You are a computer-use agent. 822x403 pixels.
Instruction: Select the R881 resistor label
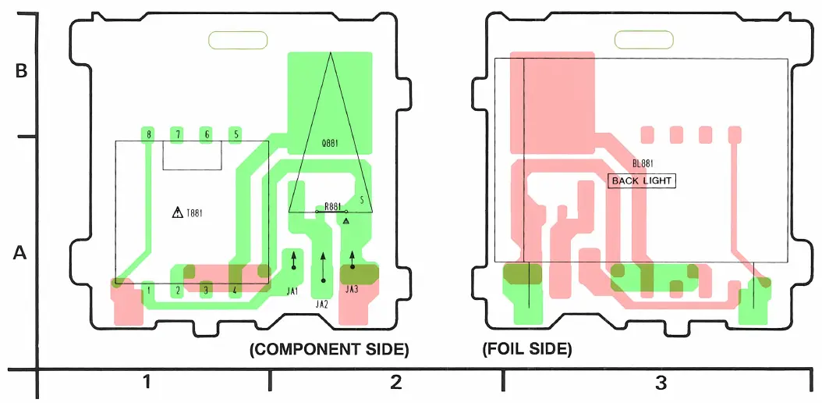point(332,206)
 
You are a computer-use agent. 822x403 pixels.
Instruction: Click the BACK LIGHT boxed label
point(641,180)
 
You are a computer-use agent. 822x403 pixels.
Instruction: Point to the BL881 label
point(643,164)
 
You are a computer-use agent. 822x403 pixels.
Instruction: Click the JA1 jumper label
point(293,291)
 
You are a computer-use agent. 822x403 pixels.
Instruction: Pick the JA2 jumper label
point(321,305)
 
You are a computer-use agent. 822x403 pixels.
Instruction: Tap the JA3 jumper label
point(351,291)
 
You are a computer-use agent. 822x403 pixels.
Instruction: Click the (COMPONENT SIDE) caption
point(329,350)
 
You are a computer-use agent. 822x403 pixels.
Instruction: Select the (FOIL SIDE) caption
point(527,350)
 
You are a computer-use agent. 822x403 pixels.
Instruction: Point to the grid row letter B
point(22,70)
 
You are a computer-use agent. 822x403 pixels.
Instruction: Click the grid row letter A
point(22,254)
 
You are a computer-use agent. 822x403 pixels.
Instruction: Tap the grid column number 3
point(661,383)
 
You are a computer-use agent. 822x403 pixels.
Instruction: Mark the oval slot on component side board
point(238,39)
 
